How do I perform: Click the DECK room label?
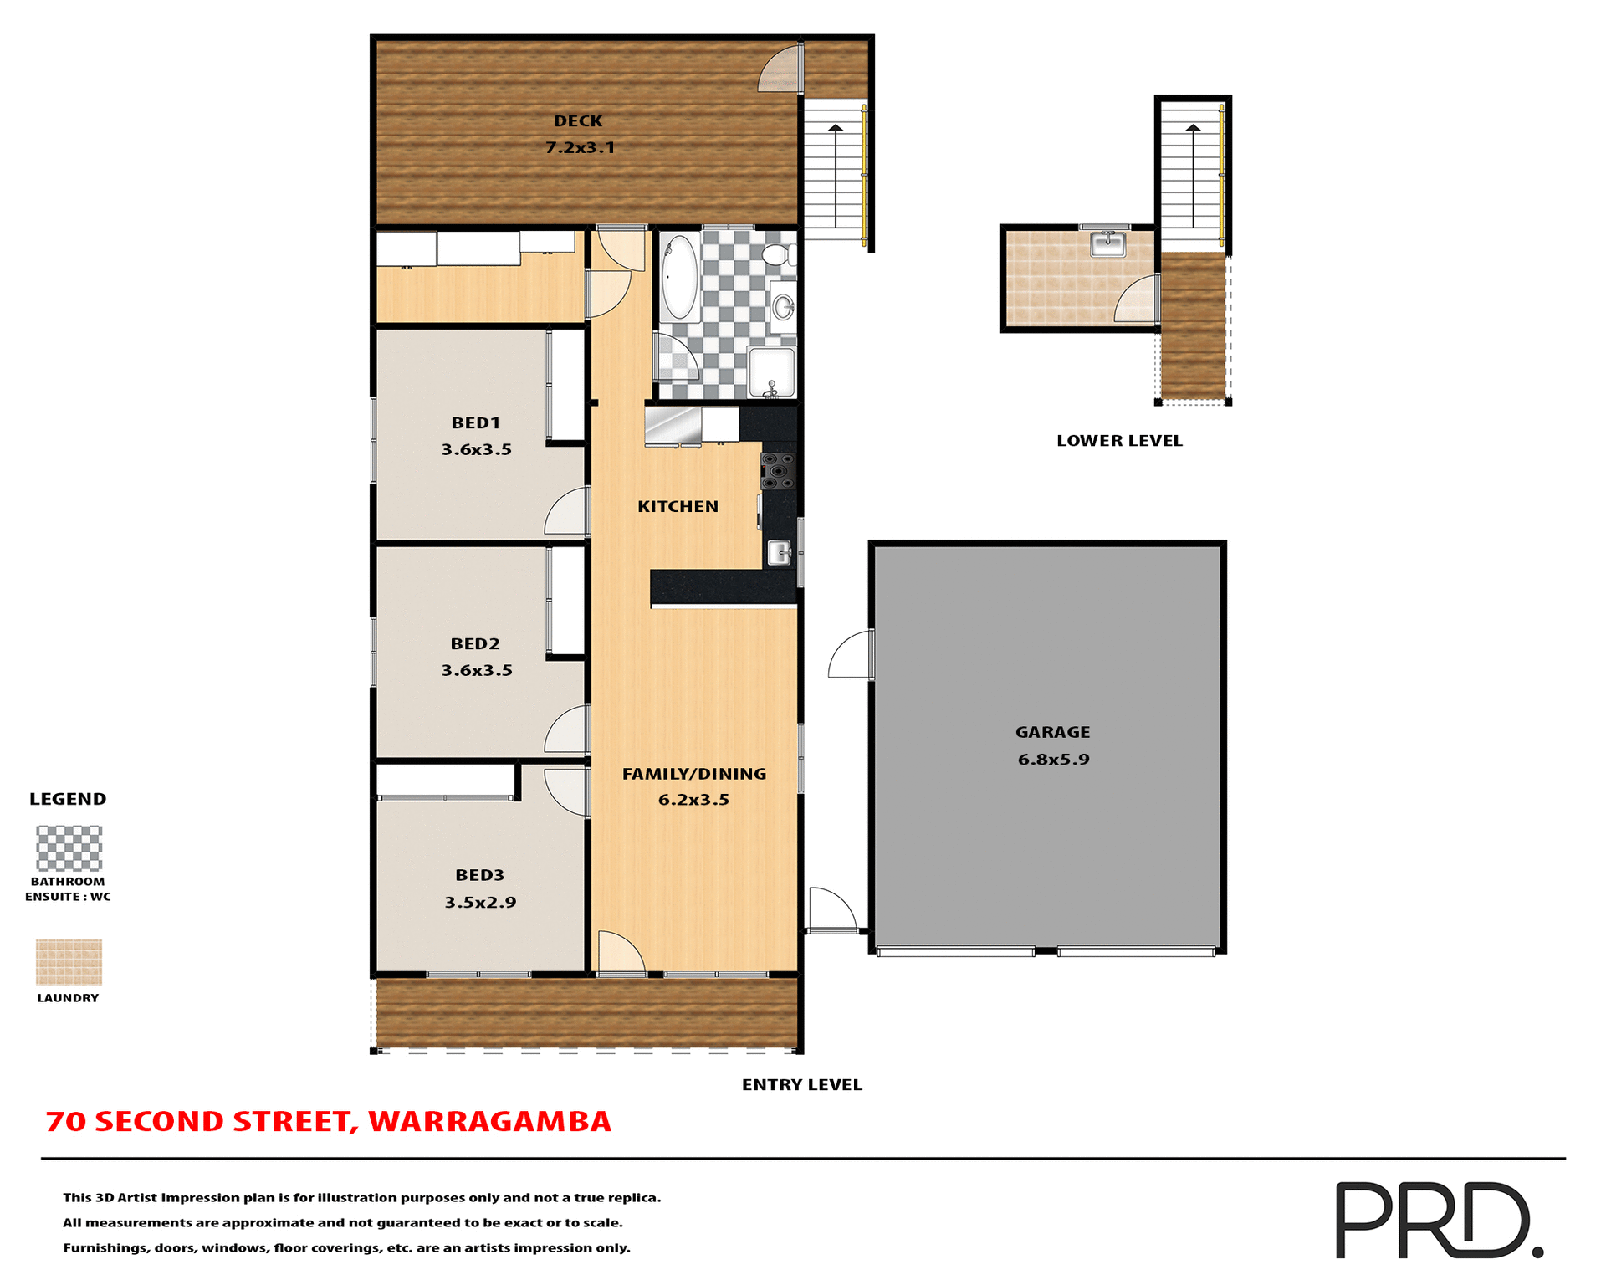(x=578, y=121)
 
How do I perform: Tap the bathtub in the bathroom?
(x=680, y=277)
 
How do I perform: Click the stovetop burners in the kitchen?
(x=778, y=471)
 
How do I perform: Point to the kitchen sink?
(x=779, y=552)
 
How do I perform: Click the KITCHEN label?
(x=678, y=506)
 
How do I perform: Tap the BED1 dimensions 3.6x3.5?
(x=476, y=449)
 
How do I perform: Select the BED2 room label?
(x=475, y=643)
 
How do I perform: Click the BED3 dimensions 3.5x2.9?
(x=480, y=902)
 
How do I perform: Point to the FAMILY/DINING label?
(x=693, y=774)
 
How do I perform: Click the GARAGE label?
(x=1052, y=732)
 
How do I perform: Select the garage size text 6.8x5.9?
(x=1053, y=760)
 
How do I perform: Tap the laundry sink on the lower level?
(x=1108, y=244)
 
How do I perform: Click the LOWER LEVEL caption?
(x=1119, y=441)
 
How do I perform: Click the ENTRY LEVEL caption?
(x=801, y=1084)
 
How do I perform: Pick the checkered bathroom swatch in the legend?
(x=69, y=847)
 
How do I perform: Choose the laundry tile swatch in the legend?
(x=69, y=962)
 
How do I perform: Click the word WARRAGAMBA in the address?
(x=489, y=1121)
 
